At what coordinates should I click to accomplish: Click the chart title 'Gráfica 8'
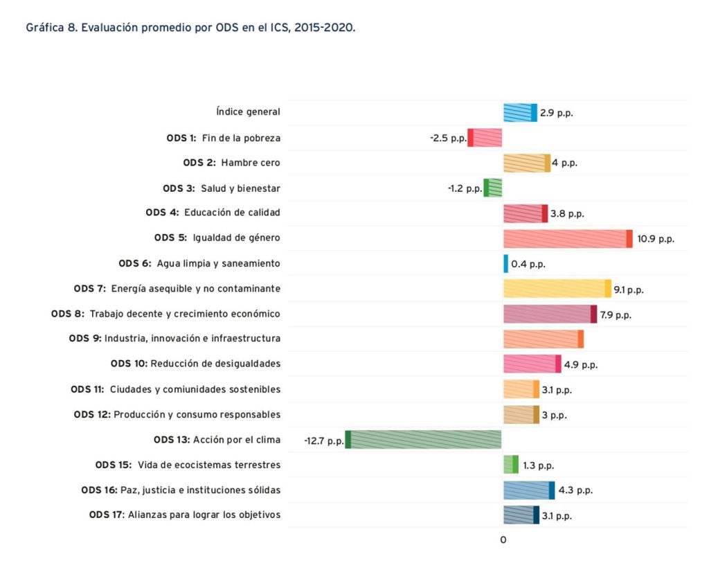click(x=190, y=28)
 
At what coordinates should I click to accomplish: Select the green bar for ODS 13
click(x=424, y=440)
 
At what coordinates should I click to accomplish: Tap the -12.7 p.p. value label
click(x=323, y=440)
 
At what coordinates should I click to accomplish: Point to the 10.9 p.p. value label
click(x=655, y=239)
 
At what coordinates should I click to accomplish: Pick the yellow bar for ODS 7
click(x=557, y=289)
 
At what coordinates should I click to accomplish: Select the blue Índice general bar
click(x=520, y=112)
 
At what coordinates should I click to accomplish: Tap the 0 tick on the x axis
click(x=503, y=540)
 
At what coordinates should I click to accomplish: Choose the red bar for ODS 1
click(x=485, y=138)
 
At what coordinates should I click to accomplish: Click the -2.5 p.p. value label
click(x=447, y=138)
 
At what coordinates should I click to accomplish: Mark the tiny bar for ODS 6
click(x=505, y=264)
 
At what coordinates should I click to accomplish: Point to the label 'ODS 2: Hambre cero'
click(x=232, y=163)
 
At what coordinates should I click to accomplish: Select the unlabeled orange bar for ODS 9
click(x=544, y=339)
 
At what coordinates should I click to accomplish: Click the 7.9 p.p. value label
click(x=614, y=314)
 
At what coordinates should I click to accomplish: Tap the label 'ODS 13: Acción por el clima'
click(x=217, y=440)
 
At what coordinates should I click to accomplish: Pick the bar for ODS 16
click(x=529, y=490)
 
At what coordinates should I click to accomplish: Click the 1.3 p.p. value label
click(x=538, y=465)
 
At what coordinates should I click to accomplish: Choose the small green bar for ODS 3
click(x=492, y=188)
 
